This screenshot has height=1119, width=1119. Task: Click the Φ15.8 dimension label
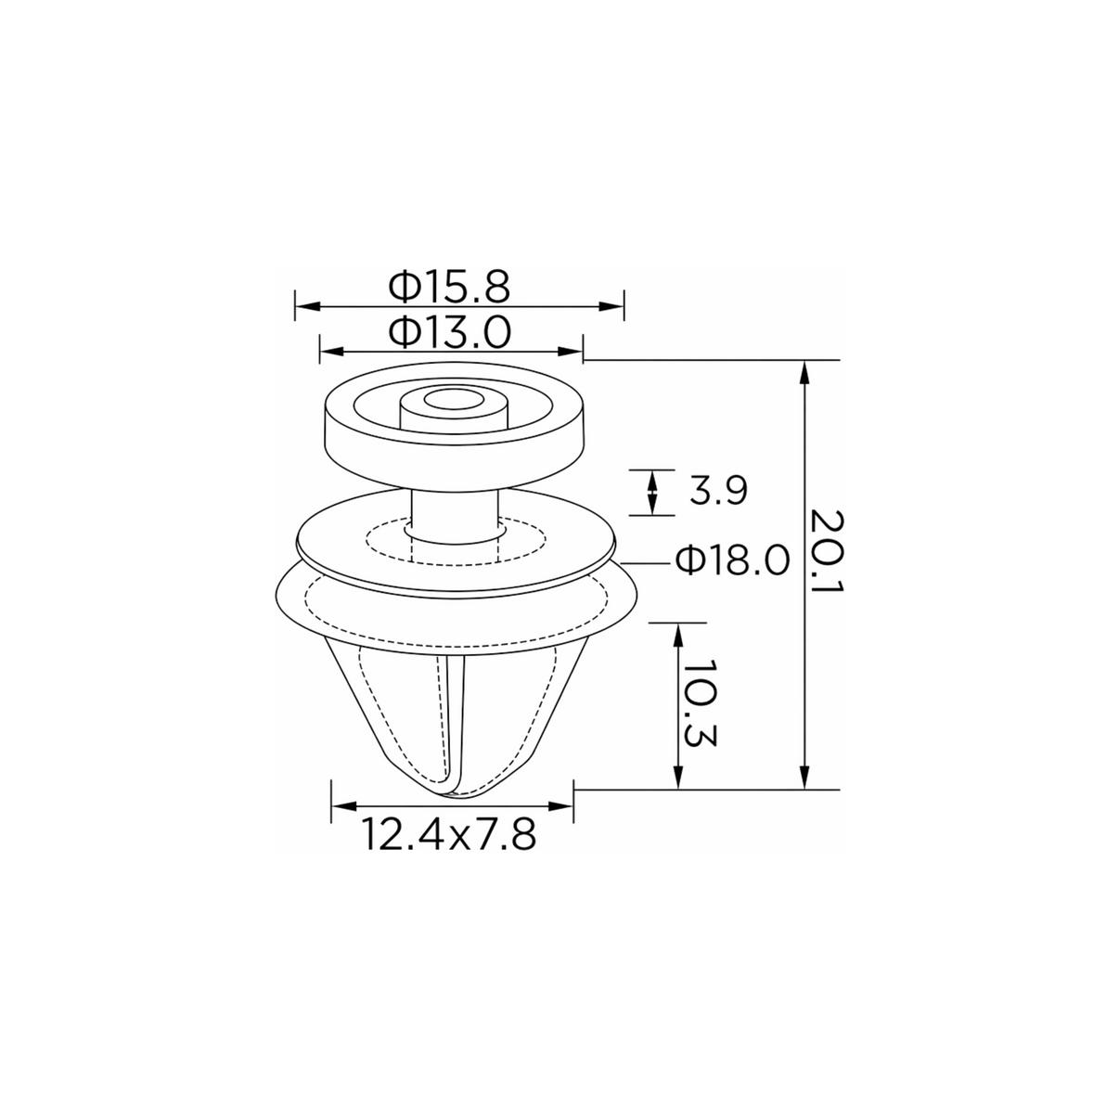pos(448,287)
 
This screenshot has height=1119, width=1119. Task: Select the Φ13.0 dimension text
pos(449,332)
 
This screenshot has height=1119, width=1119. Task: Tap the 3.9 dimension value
pos(718,491)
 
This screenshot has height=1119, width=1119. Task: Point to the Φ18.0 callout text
pos(733,560)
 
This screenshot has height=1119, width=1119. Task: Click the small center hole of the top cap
pos(453,400)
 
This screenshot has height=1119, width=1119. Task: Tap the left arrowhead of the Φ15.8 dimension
pos(308,306)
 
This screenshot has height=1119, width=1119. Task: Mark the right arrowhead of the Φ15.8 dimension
pos(611,306)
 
